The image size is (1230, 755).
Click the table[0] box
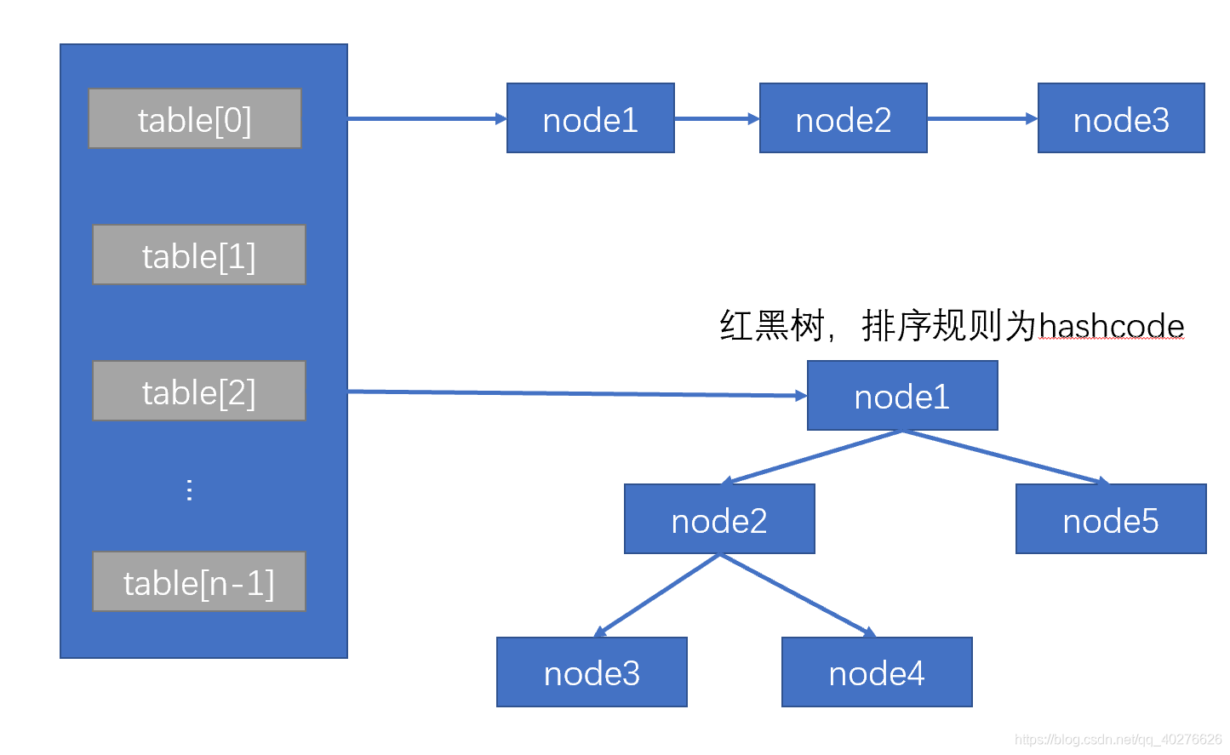point(195,119)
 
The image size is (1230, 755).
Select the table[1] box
point(198,255)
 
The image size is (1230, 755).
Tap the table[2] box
point(198,392)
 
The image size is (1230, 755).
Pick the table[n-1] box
point(198,582)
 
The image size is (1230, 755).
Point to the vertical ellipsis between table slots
point(189,489)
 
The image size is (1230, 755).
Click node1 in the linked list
point(590,119)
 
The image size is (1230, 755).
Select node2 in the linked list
point(843,119)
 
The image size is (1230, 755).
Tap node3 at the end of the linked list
point(1121,119)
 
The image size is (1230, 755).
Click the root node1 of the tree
point(901,396)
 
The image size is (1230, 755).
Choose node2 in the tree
point(719,519)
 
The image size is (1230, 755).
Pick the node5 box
point(1111,519)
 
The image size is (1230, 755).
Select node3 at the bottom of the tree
point(592,672)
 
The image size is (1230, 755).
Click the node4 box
point(877,672)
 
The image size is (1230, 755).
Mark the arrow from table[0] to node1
point(426,119)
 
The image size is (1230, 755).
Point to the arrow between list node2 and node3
point(981,119)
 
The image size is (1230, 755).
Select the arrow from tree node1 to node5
point(1004,457)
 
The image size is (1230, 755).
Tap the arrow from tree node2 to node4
point(798,595)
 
